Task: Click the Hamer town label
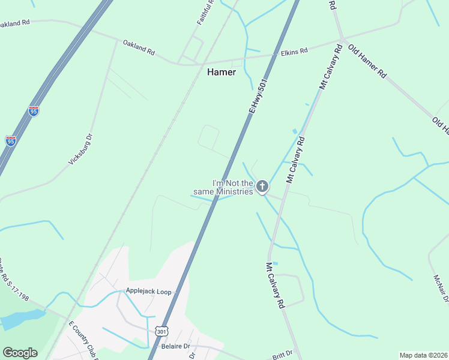point(221,72)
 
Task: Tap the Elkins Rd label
point(294,52)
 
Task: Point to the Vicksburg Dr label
point(81,149)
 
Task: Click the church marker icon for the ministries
point(262,187)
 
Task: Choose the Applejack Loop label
point(148,292)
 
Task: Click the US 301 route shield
point(161,331)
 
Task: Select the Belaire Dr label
point(175,346)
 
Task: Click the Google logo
point(20,353)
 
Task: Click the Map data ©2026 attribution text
point(423,355)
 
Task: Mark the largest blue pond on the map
point(21,318)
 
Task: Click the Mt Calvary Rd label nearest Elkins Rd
point(331,66)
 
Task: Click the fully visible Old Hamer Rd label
point(367,62)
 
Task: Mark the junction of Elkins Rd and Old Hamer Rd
point(342,41)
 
